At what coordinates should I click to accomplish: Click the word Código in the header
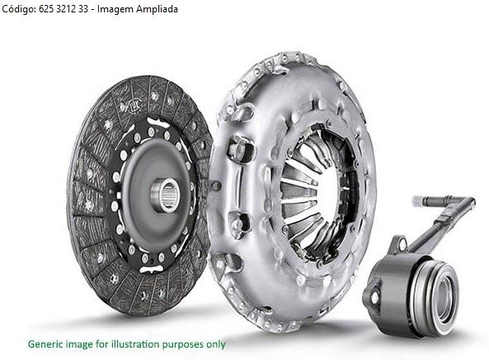[x=19, y=9]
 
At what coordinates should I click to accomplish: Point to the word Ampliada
[x=158, y=10]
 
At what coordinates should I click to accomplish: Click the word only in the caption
[x=215, y=344]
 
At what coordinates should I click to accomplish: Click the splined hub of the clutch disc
[x=165, y=195]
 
